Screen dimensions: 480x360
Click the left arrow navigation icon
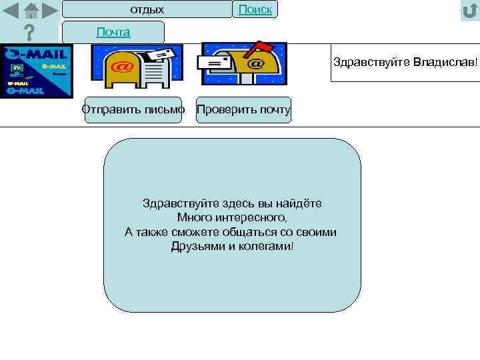pos(11,11)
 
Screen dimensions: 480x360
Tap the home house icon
pos(31,11)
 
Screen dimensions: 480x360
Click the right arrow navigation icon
pos(49,11)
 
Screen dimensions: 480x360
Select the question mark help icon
pos(29,33)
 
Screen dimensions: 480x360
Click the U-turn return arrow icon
pos(469,11)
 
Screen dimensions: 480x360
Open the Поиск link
pos(255,9)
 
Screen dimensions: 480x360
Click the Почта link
pos(113,32)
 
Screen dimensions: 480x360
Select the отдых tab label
pos(147,9)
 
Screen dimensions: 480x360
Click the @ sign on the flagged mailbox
pos(255,65)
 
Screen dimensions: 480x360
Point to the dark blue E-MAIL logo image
pos(36,71)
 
